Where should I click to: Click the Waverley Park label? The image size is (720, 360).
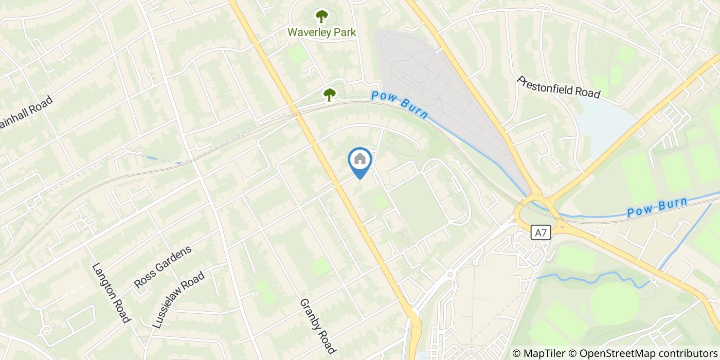(321, 32)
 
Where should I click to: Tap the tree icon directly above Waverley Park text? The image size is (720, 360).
(321, 16)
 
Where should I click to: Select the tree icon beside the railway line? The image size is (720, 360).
(329, 94)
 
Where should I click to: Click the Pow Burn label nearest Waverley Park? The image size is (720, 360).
(399, 104)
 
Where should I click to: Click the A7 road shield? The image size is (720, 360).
(541, 233)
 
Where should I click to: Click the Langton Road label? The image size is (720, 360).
(110, 293)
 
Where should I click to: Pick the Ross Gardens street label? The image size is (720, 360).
(163, 266)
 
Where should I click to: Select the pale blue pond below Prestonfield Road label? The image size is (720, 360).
(605, 123)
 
